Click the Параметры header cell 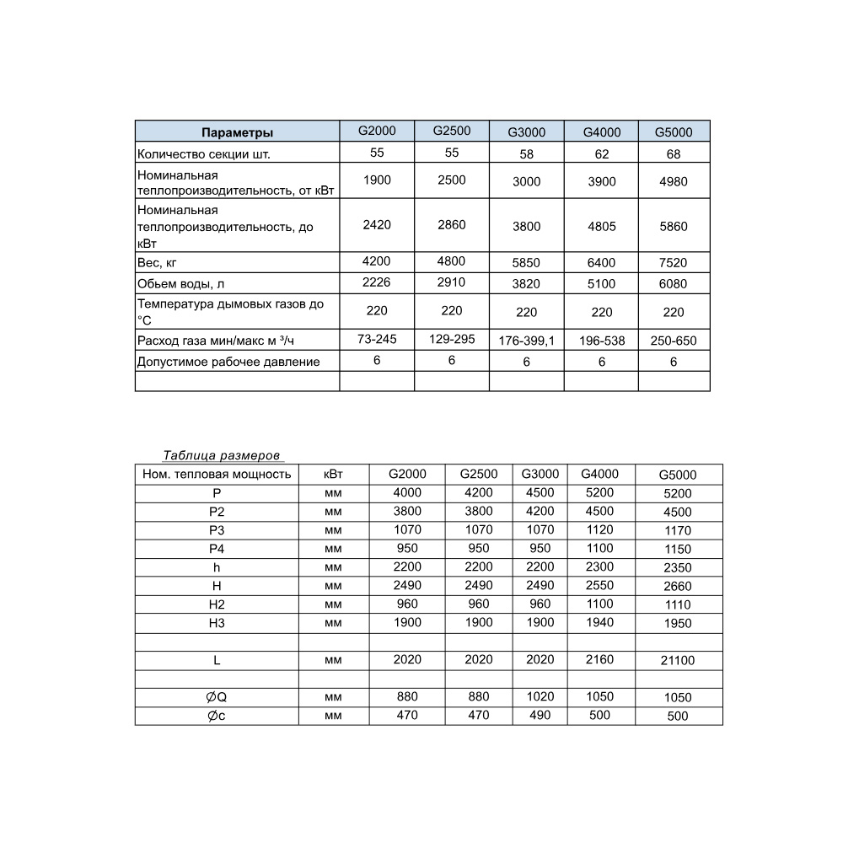pyautogui.click(x=237, y=132)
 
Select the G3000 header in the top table pyautogui.click(x=526, y=132)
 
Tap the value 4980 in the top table pyautogui.click(x=674, y=181)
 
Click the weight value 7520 pyautogui.click(x=674, y=263)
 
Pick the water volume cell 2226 pyautogui.click(x=377, y=282)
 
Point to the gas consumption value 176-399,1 pyautogui.click(x=526, y=341)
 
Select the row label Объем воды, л pyautogui.click(x=180, y=283)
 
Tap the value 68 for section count pyautogui.click(x=674, y=154)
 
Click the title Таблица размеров pyautogui.click(x=221, y=455)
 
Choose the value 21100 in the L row pyautogui.click(x=678, y=661)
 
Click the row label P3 pyautogui.click(x=217, y=530)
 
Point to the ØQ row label pyautogui.click(x=217, y=697)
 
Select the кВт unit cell pyautogui.click(x=334, y=474)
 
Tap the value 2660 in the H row pyautogui.click(x=678, y=586)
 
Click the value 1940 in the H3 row pyautogui.click(x=599, y=622)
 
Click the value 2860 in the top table pyautogui.click(x=452, y=225)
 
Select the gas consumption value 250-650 pyautogui.click(x=674, y=341)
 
